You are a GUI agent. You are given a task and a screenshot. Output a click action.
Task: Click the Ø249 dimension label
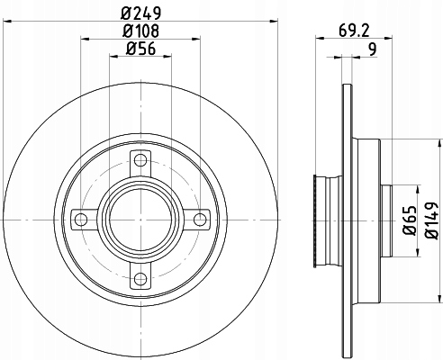click(x=140, y=13)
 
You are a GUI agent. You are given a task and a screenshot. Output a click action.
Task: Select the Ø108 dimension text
click(x=140, y=31)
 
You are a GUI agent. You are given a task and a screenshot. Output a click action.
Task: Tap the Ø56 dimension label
click(x=140, y=49)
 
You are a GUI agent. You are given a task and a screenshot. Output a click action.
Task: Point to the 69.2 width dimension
click(x=354, y=31)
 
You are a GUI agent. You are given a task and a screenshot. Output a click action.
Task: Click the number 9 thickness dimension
click(x=372, y=49)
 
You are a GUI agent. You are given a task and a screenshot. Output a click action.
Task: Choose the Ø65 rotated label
click(x=410, y=220)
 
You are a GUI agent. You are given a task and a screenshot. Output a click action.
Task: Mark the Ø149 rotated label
click(x=432, y=220)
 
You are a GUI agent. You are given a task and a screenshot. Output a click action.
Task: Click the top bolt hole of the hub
click(x=140, y=160)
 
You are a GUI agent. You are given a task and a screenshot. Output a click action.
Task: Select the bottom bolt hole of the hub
click(x=140, y=279)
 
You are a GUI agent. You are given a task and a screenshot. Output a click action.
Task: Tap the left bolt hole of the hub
click(x=81, y=220)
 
